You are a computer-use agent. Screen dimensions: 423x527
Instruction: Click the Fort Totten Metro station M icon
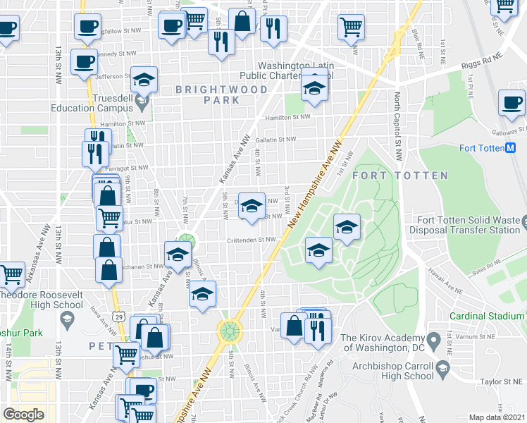[x=512, y=148]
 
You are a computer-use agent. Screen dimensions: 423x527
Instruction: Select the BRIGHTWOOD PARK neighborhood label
[x=222, y=95]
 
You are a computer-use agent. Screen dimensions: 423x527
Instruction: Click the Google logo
[x=23, y=415]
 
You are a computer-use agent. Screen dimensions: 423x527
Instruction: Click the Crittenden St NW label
[x=251, y=240]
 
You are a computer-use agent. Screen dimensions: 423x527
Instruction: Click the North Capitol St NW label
[x=398, y=120]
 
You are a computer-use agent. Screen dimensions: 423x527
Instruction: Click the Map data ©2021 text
[x=497, y=417]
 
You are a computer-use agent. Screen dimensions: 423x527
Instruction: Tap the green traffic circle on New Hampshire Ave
[x=229, y=329]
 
